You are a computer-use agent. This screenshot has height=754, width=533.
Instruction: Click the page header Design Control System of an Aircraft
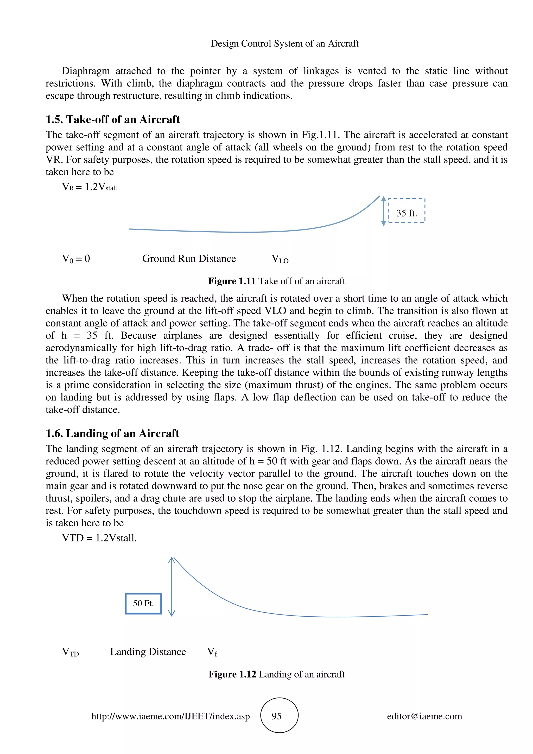point(284,43)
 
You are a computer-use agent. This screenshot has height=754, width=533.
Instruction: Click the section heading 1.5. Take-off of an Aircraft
point(113,119)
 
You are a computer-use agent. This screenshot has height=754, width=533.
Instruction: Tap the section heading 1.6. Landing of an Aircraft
point(112,433)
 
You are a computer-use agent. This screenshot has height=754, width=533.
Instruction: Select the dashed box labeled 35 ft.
point(407,210)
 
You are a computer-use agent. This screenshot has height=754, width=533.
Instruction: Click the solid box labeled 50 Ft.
point(143,603)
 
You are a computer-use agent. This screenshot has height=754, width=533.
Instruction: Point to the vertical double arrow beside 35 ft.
point(383,211)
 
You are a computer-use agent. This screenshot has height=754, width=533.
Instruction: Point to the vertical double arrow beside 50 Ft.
point(172,586)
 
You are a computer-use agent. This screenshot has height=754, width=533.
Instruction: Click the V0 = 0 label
point(76,259)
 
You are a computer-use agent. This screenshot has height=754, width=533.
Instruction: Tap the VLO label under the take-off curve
point(280,259)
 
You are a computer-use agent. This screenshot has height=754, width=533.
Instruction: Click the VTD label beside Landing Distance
point(70,652)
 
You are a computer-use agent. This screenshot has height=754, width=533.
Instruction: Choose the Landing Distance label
point(148,651)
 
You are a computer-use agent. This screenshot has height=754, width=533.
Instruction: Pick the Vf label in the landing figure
point(212,652)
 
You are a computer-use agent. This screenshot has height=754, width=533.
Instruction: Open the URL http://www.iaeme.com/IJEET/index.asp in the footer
point(170,716)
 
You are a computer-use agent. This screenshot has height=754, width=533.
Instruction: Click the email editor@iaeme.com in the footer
point(424,716)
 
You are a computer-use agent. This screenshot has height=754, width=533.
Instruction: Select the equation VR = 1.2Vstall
point(89,187)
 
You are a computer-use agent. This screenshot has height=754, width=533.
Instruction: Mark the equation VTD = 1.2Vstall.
point(99,538)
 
